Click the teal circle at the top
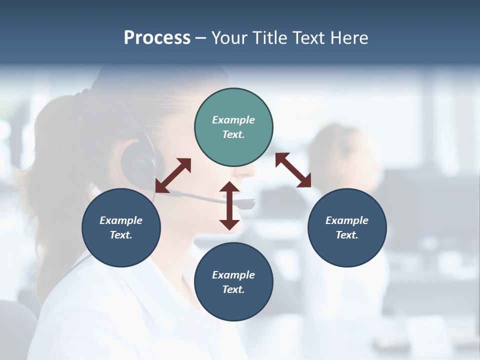pyautogui.click(x=233, y=127)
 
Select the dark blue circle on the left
pyautogui.click(x=121, y=227)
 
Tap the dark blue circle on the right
pyautogui.click(x=347, y=227)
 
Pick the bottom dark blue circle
pyautogui.click(x=233, y=282)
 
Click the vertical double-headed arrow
pyautogui.click(x=229, y=206)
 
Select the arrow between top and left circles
pyautogui.click(x=173, y=175)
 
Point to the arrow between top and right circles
pyautogui.click(x=293, y=170)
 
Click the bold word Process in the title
pyautogui.click(x=157, y=37)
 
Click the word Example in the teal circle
pyautogui.click(x=233, y=120)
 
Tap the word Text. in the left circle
pyautogui.click(x=121, y=235)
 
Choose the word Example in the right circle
pyautogui.click(x=347, y=220)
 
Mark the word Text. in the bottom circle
pyautogui.click(x=233, y=289)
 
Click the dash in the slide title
pyautogui.click(x=200, y=38)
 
